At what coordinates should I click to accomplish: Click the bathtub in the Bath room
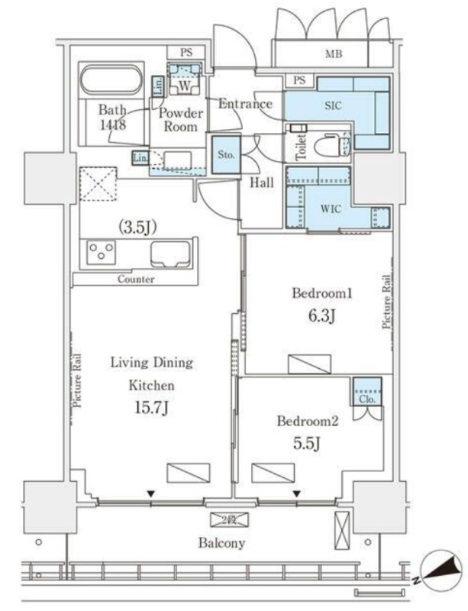111,81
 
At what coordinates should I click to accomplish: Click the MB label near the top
332,53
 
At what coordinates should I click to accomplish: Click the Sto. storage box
225,154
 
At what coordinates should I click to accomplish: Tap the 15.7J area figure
150,407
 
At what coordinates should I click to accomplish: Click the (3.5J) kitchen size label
137,225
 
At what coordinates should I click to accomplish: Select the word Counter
136,280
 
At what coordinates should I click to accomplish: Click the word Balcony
221,543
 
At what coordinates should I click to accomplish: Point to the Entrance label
245,104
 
